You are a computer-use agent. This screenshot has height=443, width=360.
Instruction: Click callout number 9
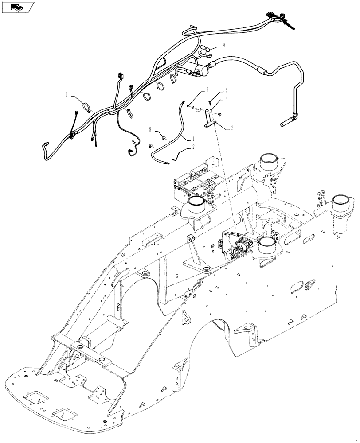[x=223, y=45]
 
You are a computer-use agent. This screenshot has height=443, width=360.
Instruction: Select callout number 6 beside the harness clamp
[x=67, y=94]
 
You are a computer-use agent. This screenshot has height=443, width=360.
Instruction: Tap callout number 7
[x=207, y=90]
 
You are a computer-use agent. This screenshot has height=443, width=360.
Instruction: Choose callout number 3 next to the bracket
[x=232, y=128]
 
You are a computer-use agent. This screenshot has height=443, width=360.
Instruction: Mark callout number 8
[x=150, y=130]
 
